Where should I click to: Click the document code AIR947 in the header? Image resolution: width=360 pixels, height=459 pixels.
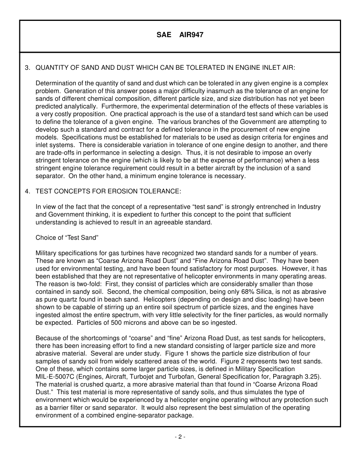[x=191, y=35]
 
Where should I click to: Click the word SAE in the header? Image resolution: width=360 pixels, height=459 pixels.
[x=164, y=35]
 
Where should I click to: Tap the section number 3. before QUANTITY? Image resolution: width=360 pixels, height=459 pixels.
[x=27, y=68]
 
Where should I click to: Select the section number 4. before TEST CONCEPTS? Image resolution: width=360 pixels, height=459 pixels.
[x=27, y=191]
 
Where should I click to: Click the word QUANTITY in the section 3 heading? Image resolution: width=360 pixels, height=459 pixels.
[x=51, y=68]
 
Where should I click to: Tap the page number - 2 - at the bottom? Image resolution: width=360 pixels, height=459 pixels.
[x=180, y=437]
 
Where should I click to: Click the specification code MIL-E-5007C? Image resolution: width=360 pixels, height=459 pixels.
[x=55, y=377]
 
